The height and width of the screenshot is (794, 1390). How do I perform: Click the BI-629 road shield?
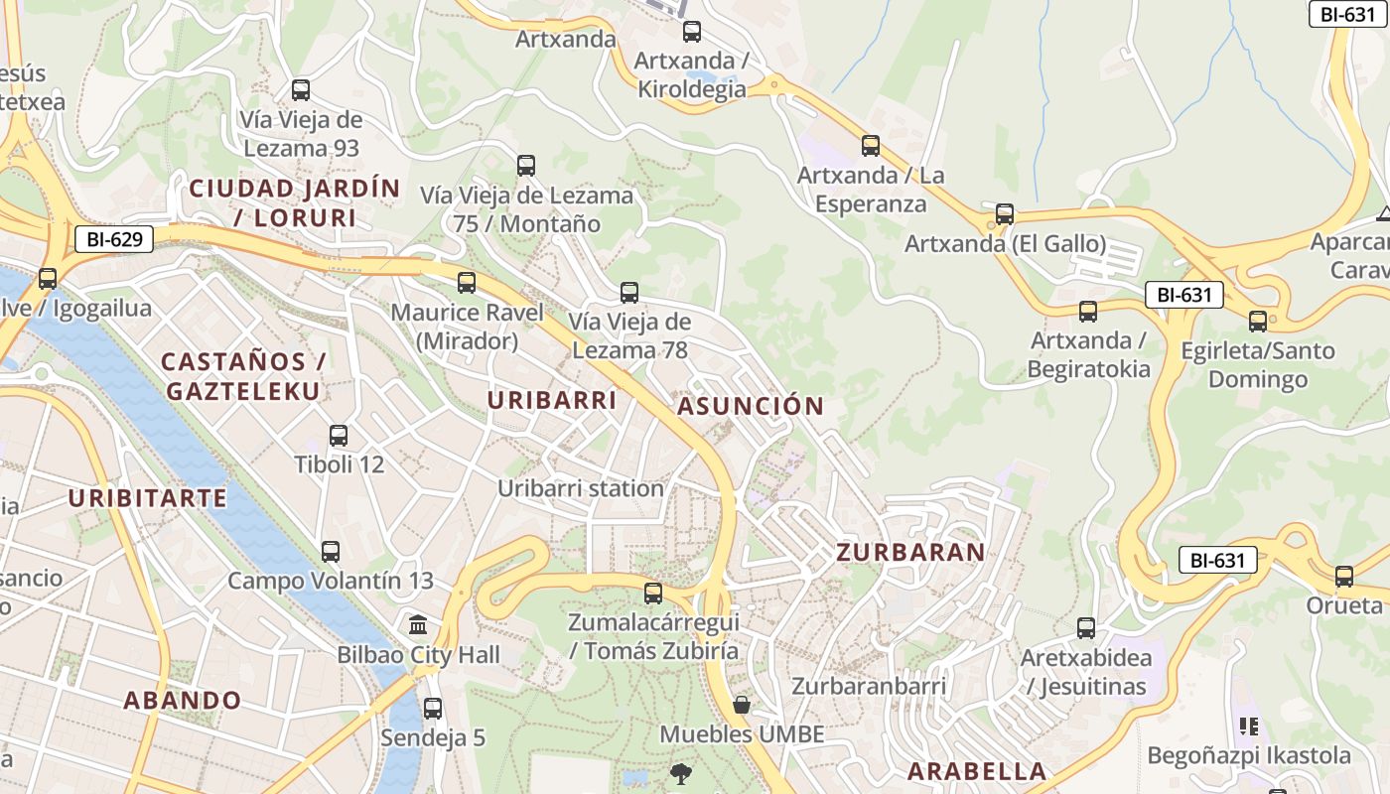click(114, 239)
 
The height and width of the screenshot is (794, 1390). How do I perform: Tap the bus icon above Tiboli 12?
click(339, 435)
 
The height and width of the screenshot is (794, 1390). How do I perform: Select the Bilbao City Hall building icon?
click(419, 625)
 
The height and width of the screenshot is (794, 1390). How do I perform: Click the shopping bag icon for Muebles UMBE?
click(742, 706)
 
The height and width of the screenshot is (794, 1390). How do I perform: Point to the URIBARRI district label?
click(552, 400)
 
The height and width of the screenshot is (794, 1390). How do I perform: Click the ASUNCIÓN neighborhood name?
click(751, 406)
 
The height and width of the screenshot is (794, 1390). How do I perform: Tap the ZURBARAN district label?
click(910, 552)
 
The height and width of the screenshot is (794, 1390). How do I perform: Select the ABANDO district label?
click(183, 700)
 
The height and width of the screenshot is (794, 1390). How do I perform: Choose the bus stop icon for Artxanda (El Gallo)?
click(1005, 214)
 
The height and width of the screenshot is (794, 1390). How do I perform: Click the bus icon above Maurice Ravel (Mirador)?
click(467, 283)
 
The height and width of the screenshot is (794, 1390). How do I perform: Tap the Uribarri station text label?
click(581, 488)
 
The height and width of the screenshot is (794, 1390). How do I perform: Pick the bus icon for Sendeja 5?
click(433, 709)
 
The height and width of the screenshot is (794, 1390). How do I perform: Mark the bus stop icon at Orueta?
click(1344, 577)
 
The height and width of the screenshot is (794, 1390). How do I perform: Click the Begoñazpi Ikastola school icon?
click(1249, 727)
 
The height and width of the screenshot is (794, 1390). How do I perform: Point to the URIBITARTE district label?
click(148, 498)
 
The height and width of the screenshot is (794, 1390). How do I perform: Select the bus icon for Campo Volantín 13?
click(331, 552)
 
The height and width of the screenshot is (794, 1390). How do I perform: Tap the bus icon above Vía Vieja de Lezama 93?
click(301, 90)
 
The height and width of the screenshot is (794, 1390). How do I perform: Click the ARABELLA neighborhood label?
click(977, 771)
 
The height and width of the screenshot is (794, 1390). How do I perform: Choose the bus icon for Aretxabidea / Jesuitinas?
click(1086, 628)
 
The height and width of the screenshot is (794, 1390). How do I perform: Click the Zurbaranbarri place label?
click(869, 686)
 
